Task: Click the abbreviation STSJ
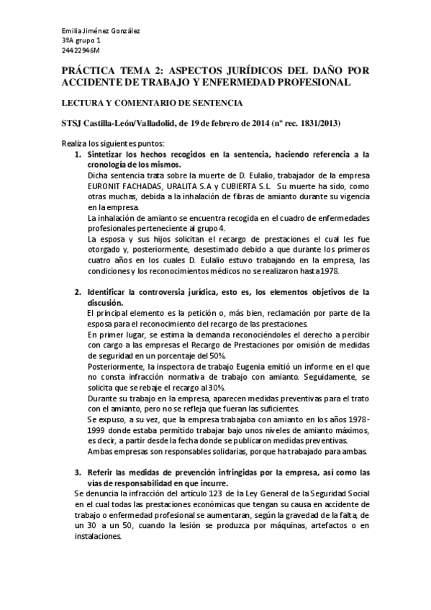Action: point(74,124)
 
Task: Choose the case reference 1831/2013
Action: point(320,124)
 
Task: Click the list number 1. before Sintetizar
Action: point(78,155)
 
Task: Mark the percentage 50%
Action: point(218,355)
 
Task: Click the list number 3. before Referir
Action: point(78,472)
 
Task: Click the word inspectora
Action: point(163,365)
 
